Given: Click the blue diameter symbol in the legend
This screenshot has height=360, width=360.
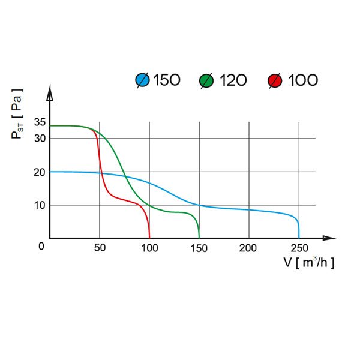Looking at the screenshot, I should point(143,80).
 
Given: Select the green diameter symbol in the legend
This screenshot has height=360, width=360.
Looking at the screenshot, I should point(206,80).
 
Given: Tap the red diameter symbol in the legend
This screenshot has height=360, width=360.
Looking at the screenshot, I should point(275,80).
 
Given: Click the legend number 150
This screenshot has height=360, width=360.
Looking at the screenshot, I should point(167,80).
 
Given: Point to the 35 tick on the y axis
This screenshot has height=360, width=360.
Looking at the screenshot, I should point(40,122).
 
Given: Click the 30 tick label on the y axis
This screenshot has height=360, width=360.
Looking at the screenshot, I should point(40,138).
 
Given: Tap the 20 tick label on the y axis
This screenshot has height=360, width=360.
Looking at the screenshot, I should point(40,172).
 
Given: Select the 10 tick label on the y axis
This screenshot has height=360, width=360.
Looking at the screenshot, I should point(40,205).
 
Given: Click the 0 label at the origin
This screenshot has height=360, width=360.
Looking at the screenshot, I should point(41,246).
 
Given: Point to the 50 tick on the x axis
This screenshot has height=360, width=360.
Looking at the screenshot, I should point(100,248).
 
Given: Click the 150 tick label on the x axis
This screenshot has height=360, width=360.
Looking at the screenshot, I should point(199,248).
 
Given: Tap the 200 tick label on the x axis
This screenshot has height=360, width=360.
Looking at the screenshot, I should point(249,248).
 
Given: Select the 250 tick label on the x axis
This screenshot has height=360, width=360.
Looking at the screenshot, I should point(299,248).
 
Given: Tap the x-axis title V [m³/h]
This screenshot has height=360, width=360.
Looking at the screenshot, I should point(309,263).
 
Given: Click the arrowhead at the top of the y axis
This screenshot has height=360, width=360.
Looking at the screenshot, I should point(50,95).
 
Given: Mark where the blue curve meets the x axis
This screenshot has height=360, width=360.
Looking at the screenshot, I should point(299,238).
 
